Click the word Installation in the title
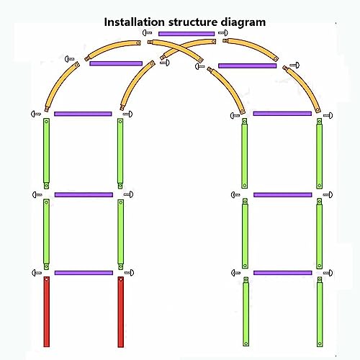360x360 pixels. tap(134, 22)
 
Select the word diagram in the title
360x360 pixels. tap(243, 22)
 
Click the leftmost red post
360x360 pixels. tap(47, 312)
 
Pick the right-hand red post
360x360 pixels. tap(121, 312)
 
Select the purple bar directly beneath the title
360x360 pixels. tap(186, 34)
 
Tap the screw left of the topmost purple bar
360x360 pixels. tap(147, 32)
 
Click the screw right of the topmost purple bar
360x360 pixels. tap(223, 32)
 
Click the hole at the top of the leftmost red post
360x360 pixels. tap(47, 279)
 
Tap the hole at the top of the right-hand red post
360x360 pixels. tap(121, 279)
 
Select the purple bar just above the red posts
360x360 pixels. tap(84, 273)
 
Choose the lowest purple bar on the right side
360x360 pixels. tap(283, 273)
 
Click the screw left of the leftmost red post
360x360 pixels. tap(37, 273)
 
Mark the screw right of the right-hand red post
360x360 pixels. tap(129, 273)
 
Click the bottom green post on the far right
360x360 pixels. tap(320, 312)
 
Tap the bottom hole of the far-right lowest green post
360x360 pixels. tap(320, 343)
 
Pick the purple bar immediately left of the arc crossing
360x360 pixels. tap(116, 63)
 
